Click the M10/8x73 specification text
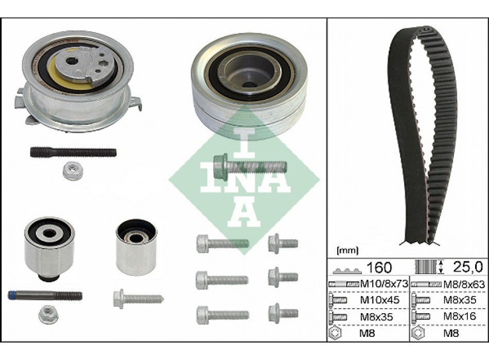coord(384,284)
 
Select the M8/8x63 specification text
coord(464,284)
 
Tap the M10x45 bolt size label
coord(380,300)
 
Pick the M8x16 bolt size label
coord(460,316)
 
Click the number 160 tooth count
coord(379,267)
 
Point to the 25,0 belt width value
coord(468,267)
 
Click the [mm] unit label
coord(347,250)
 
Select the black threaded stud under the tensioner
coord(73,152)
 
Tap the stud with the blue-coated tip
coord(45,295)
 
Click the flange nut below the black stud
coord(71,172)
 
